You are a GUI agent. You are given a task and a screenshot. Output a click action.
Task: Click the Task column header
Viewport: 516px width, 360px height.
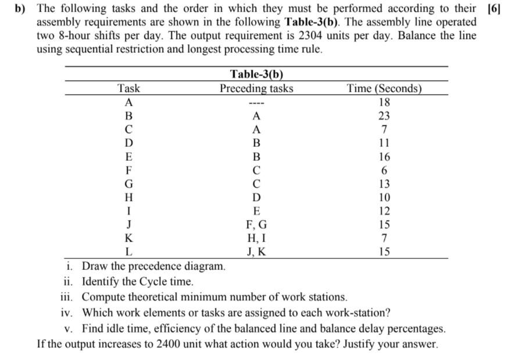pos(128,89)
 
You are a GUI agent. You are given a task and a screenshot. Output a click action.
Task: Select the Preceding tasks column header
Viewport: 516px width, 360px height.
pos(256,89)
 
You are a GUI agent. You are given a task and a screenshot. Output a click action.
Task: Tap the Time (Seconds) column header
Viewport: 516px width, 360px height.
pos(384,89)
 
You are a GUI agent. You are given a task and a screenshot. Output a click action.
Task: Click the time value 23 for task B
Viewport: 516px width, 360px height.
pos(384,116)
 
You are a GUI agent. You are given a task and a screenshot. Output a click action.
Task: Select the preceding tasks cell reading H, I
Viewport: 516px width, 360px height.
pos(256,238)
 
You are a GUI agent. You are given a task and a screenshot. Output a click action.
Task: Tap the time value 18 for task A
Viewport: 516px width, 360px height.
pos(384,102)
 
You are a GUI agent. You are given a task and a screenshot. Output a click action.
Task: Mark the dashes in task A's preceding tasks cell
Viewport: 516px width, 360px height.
pos(256,103)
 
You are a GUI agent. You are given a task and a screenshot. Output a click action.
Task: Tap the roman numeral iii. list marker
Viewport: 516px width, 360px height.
pos(68,297)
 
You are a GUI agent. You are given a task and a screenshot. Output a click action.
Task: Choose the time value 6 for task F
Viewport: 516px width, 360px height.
pos(384,170)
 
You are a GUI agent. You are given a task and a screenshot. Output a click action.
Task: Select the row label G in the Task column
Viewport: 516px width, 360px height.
pos(128,183)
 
